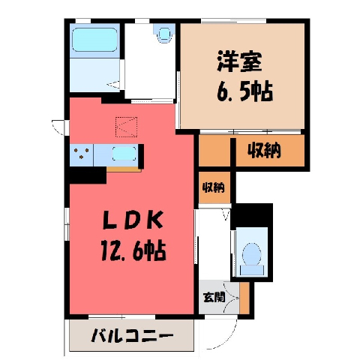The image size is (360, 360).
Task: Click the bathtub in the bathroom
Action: tap(94, 40)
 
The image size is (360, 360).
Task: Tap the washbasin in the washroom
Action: tap(164, 34)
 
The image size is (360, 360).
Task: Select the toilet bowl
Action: tap(252, 254)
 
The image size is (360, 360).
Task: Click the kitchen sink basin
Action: tap(124, 154)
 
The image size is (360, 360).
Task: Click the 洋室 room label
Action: tap(239, 61)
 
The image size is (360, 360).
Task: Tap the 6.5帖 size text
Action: tap(244, 91)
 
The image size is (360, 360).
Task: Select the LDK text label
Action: tap(133, 220)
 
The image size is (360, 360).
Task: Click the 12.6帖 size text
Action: tap(133, 250)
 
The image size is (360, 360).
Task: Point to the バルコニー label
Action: tap(132, 335)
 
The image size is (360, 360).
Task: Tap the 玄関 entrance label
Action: tap(214, 297)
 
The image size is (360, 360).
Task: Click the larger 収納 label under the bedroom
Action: tap(264, 150)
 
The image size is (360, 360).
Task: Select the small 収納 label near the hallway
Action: tap(213, 187)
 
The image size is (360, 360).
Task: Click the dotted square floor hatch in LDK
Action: tap(127, 127)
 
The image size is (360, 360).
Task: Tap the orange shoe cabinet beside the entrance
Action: tap(244, 298)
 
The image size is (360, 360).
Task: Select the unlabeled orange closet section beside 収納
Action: tap(214, 150)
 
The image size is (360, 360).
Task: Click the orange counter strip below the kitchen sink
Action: tap(124, 169)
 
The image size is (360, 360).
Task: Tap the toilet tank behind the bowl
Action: tap(252, 270)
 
